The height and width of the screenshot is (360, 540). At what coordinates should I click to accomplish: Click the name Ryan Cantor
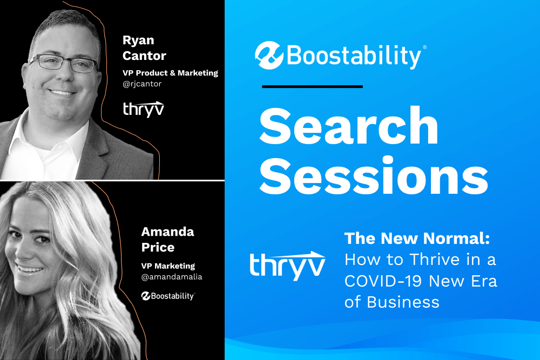tap(144, 48)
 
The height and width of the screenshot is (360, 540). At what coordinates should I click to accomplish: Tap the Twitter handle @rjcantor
tap(142, 84)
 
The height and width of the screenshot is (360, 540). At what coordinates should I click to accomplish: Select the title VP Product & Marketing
tap(171, 73)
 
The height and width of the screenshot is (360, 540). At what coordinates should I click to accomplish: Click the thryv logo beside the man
tap(144, 109)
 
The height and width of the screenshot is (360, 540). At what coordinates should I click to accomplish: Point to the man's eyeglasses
tap(64, 63)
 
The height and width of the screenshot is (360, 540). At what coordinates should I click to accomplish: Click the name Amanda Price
tap(167, 240)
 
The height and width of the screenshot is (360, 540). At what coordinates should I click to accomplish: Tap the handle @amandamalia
tap(172, 277)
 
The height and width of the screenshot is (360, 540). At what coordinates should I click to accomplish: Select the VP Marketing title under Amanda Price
tap(168, 266)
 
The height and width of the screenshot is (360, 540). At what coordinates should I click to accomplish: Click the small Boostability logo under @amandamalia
tap(168, 296)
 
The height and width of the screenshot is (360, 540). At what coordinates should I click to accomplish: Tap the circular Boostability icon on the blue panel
tap(269, 56)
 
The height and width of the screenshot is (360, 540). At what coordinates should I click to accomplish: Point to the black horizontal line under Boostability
tap(312, 87)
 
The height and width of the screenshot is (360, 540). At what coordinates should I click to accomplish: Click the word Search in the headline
tap(349, 126)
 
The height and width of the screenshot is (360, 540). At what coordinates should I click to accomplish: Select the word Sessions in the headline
tap(374, 176)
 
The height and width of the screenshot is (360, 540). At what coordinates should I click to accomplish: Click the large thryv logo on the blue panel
tap(287, 266)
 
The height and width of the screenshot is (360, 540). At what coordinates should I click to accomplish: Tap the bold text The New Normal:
tap(417, 238)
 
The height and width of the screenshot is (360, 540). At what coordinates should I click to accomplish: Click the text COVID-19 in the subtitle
tap(383, 281)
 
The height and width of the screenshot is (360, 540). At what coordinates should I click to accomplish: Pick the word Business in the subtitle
tap(403, 302)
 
